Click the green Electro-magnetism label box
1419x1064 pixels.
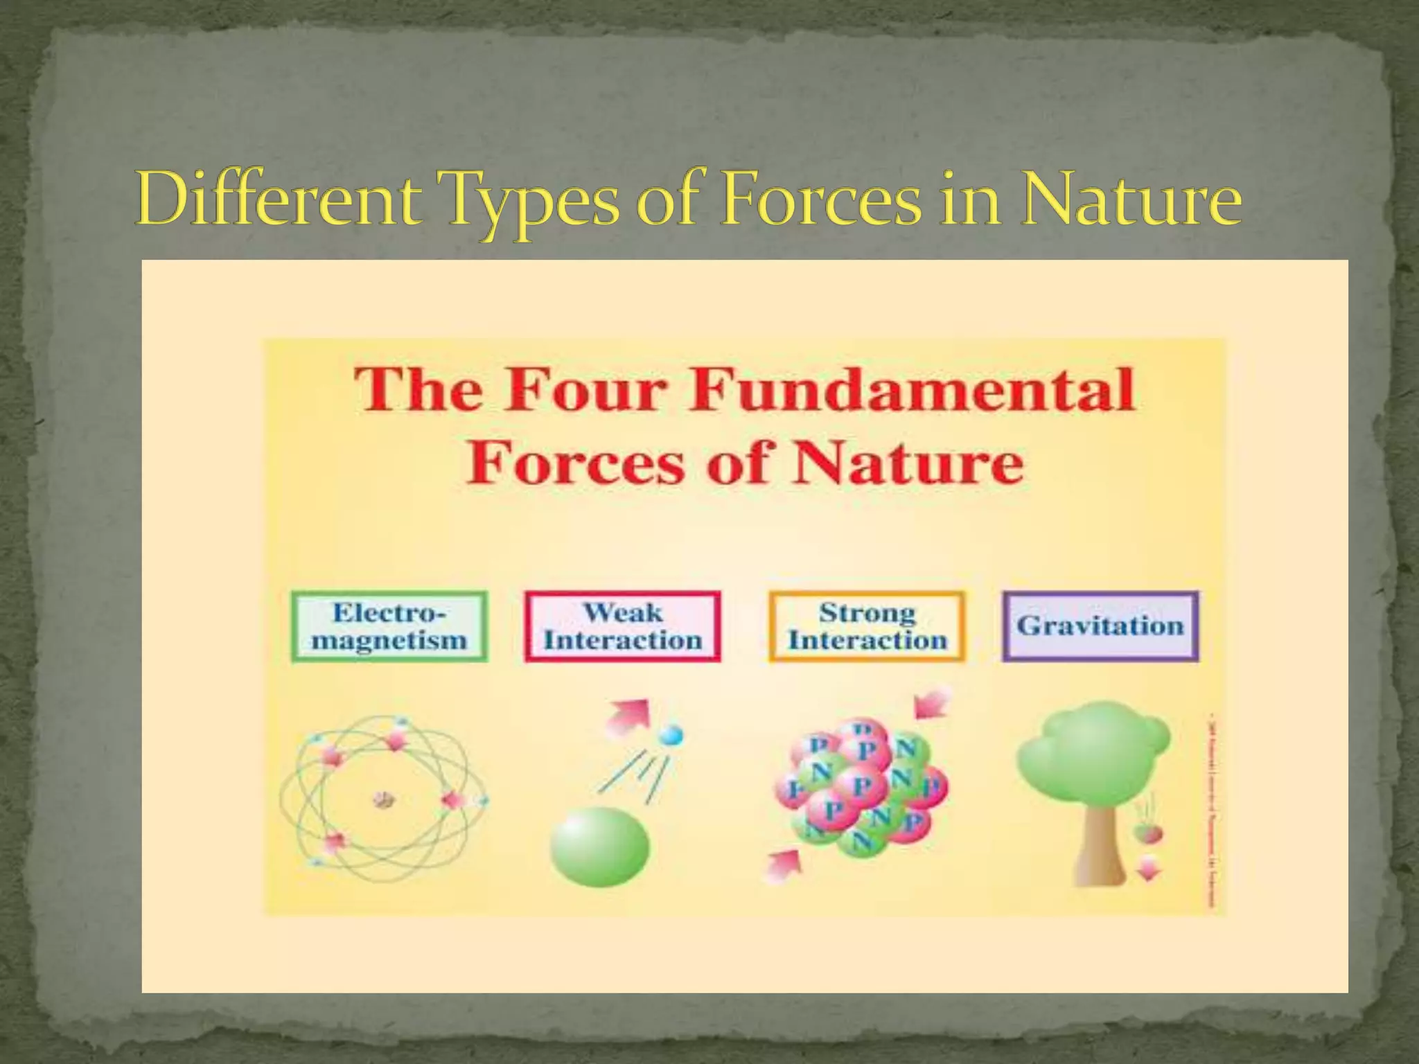pos(389,626)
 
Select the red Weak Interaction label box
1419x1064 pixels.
pos(622,626)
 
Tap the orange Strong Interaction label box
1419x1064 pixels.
pos(867,626)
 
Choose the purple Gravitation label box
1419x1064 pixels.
pos(1100,626)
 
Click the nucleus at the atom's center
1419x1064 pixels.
pos(383,800)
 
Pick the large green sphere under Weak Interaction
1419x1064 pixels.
pos(600,846)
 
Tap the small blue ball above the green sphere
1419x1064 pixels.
pos(670,736)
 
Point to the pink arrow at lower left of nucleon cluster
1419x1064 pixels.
pos(783,866)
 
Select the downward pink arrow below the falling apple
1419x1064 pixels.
pos(1148,867)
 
